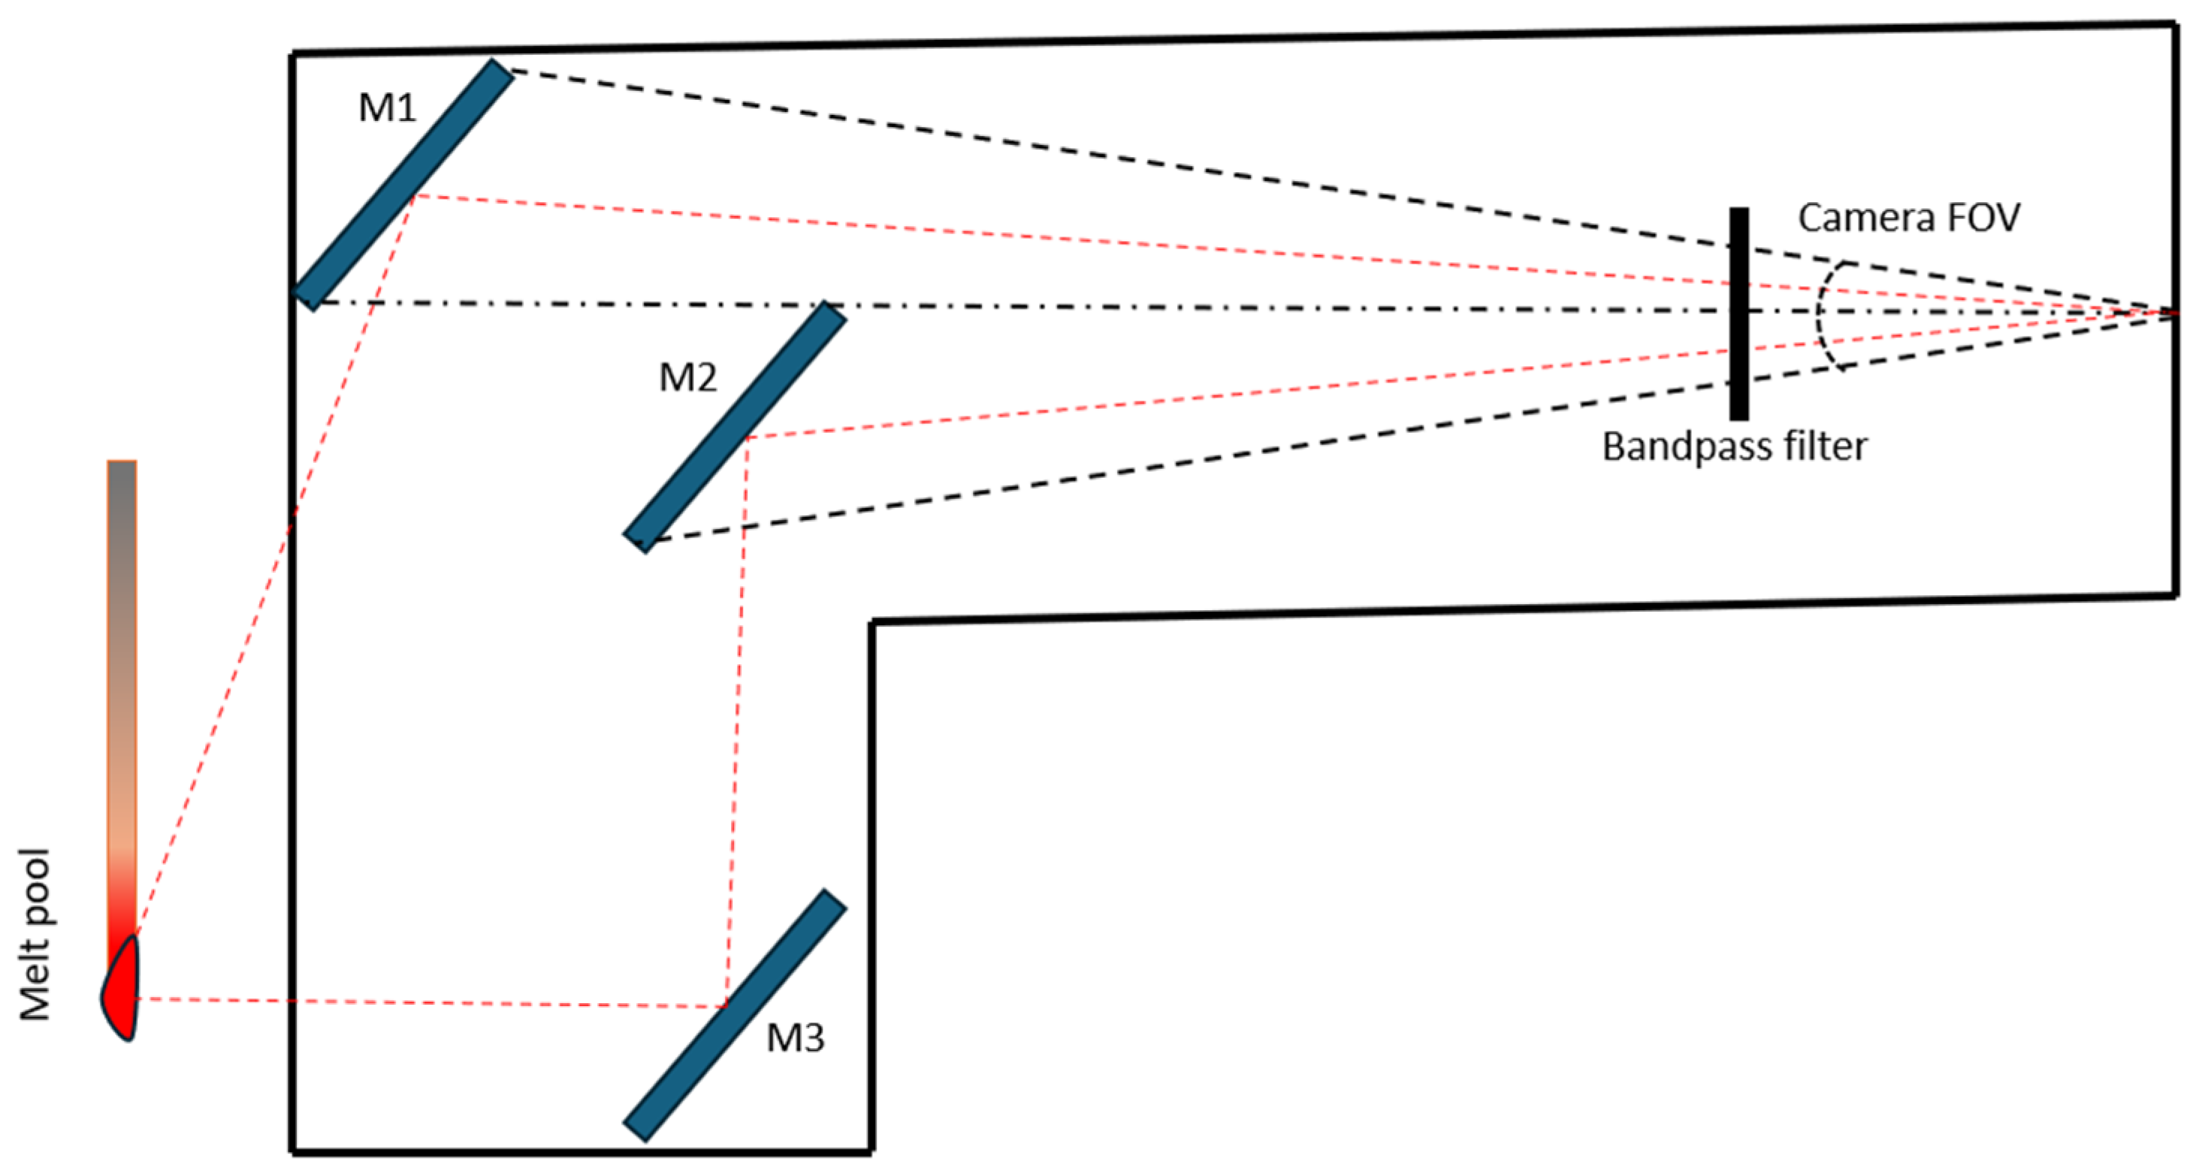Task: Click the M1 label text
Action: (x=388, y=108)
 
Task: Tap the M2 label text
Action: (x=688, y=377)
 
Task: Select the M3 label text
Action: (x=795, y=1038)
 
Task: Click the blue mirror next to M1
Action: (x=403, y=184)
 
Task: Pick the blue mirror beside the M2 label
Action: (x=735, y=427)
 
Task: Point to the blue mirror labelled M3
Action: (x=735, y=1014)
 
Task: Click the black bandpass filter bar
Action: (x=1738, y=313)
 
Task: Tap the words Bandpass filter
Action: (x=1734, y=447)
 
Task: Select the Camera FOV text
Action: (x=1908, y=218)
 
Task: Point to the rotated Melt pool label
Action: (x=36, y=934)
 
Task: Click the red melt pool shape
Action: (x=122, y=992)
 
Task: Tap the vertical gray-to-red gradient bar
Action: (x=122, y=681)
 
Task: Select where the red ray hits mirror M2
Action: (x=747, y=437)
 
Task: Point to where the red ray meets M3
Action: (x=725, y=1007)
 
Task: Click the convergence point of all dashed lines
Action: (x=2176, y=313)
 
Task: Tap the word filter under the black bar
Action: (x=1822, y=447)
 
